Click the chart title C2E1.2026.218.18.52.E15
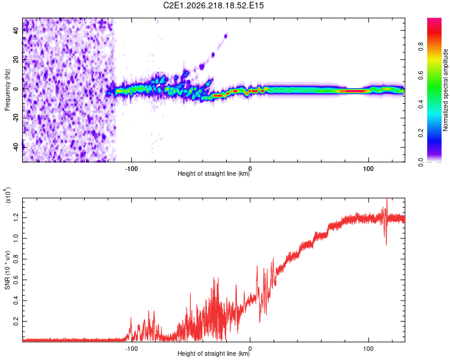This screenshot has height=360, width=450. [x=213, y=5]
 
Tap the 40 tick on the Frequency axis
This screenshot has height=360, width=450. [x=16, y=30]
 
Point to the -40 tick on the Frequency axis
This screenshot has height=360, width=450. [x=16, y=147]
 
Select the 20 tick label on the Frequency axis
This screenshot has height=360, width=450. [x=16, y=59]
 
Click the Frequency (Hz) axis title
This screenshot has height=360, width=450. [x=7, y=90]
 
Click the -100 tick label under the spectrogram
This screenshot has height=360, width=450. [x=131, y=169]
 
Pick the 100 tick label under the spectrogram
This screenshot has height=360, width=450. [x=368, y=169]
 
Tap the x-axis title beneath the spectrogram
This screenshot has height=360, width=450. [x=214, y=173]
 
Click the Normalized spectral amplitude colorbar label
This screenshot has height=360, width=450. [x=445, y=90]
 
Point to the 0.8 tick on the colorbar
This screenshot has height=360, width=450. [x=421, y=47]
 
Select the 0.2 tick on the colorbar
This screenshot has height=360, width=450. [x=421, y=133]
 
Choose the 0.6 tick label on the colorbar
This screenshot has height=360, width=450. [x=421, y=76]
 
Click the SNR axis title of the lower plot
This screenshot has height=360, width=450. [x=7, y=270]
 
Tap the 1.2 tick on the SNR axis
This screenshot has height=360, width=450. [x=16, y=217]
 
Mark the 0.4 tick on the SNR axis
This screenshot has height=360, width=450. [x=16, y=301]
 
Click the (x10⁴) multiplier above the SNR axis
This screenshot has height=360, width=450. [x=8, y=195]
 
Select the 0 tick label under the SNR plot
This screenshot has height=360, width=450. [x=250, y=349]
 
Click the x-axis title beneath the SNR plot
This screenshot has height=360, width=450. [x=214, y=353]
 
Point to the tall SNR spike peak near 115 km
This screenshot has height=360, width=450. [x=387, y=199]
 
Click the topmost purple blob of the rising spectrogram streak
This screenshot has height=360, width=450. [x=226, y=36]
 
